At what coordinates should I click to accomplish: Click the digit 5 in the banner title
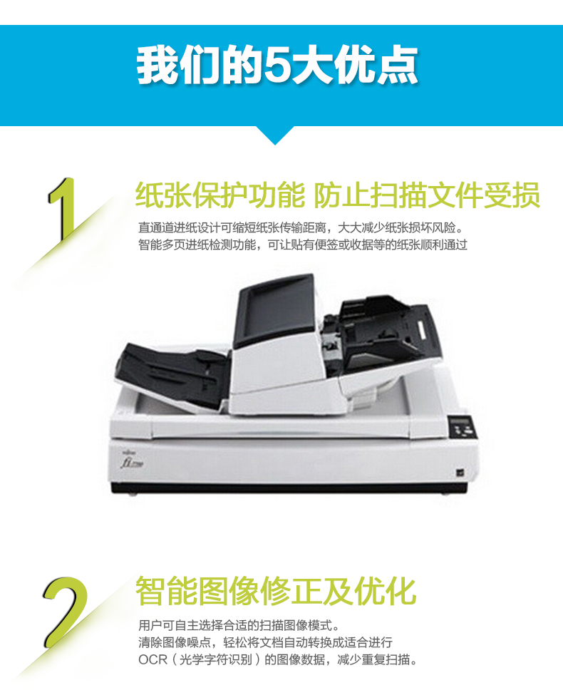276,66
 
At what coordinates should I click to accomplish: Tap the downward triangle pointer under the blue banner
275,135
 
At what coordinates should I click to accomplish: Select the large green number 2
66,612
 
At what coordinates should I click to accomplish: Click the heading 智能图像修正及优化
276,591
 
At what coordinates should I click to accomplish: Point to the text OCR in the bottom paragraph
153,659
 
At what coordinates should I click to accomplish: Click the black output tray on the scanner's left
172,374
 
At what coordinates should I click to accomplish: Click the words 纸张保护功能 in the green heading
219,195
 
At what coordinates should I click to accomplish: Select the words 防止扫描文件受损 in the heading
427,195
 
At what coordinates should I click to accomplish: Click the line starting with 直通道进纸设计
302,227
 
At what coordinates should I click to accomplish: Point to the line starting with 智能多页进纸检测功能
303,245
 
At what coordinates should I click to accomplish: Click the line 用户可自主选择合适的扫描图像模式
239,625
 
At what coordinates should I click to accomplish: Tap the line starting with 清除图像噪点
265,642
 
